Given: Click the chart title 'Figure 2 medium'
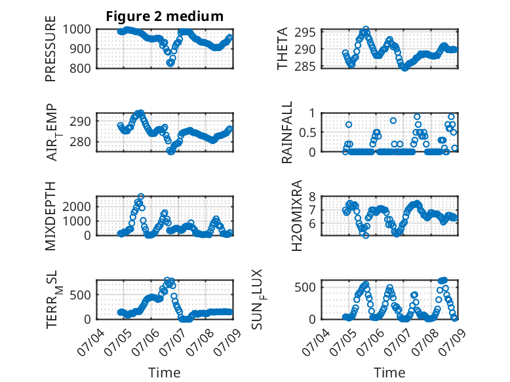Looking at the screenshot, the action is point(165,16).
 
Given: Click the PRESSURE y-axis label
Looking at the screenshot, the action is point(50,48).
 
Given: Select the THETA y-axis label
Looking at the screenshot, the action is point(283,48).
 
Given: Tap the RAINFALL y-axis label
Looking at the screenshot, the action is point(287,132).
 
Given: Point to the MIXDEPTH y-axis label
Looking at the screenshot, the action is point(50,216).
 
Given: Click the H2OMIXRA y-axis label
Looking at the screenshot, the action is point(297,216).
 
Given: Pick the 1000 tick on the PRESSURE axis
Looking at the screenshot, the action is point(77,29).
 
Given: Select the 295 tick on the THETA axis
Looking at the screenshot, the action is point(305,32).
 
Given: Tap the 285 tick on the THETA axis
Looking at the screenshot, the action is point(305,66).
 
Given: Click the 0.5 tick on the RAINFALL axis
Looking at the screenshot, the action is point(307,132).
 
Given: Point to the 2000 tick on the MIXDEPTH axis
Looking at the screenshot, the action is point(77,206).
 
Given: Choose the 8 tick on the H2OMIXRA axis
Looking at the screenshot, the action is point(312,197).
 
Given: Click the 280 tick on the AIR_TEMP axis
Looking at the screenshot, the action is point(81,142).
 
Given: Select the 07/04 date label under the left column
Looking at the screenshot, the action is point(91,342).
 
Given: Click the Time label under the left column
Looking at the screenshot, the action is point(165,373).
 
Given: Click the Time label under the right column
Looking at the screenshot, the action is point(389,373).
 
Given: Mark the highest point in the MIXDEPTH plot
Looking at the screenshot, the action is point(141,197).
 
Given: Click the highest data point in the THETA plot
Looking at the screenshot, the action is point(366,29).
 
